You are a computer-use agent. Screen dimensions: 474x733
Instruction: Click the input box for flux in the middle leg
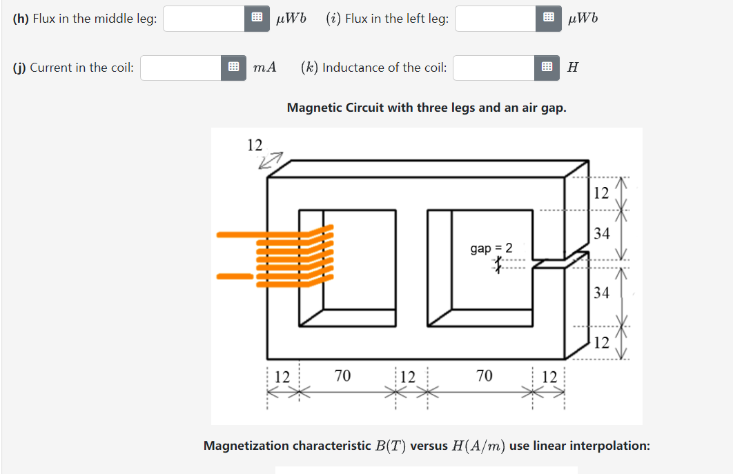204,19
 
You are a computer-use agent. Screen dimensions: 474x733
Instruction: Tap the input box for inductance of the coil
493,68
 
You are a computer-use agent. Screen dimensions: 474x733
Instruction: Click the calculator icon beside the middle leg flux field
255,19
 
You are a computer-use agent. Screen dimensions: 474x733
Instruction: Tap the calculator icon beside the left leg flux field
547,19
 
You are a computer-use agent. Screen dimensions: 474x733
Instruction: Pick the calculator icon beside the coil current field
233,68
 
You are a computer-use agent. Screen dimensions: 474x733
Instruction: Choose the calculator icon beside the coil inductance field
546,68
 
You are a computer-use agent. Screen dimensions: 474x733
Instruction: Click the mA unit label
264,68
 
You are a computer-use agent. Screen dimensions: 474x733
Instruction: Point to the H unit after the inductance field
571,68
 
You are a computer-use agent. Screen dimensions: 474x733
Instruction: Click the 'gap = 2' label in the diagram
491,248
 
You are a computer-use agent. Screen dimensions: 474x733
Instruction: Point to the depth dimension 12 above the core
255,145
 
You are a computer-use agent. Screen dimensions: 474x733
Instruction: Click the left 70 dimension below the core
342,376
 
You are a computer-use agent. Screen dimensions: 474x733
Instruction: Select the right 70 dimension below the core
485,376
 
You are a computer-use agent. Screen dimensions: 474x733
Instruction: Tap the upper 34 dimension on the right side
602,234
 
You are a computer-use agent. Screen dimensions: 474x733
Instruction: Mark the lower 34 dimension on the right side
602,293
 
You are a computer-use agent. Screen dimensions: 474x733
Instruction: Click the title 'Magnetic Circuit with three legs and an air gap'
427,108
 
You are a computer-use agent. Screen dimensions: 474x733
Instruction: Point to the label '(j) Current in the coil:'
73,68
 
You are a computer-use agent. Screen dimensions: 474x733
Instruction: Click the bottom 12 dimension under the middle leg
408,377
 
